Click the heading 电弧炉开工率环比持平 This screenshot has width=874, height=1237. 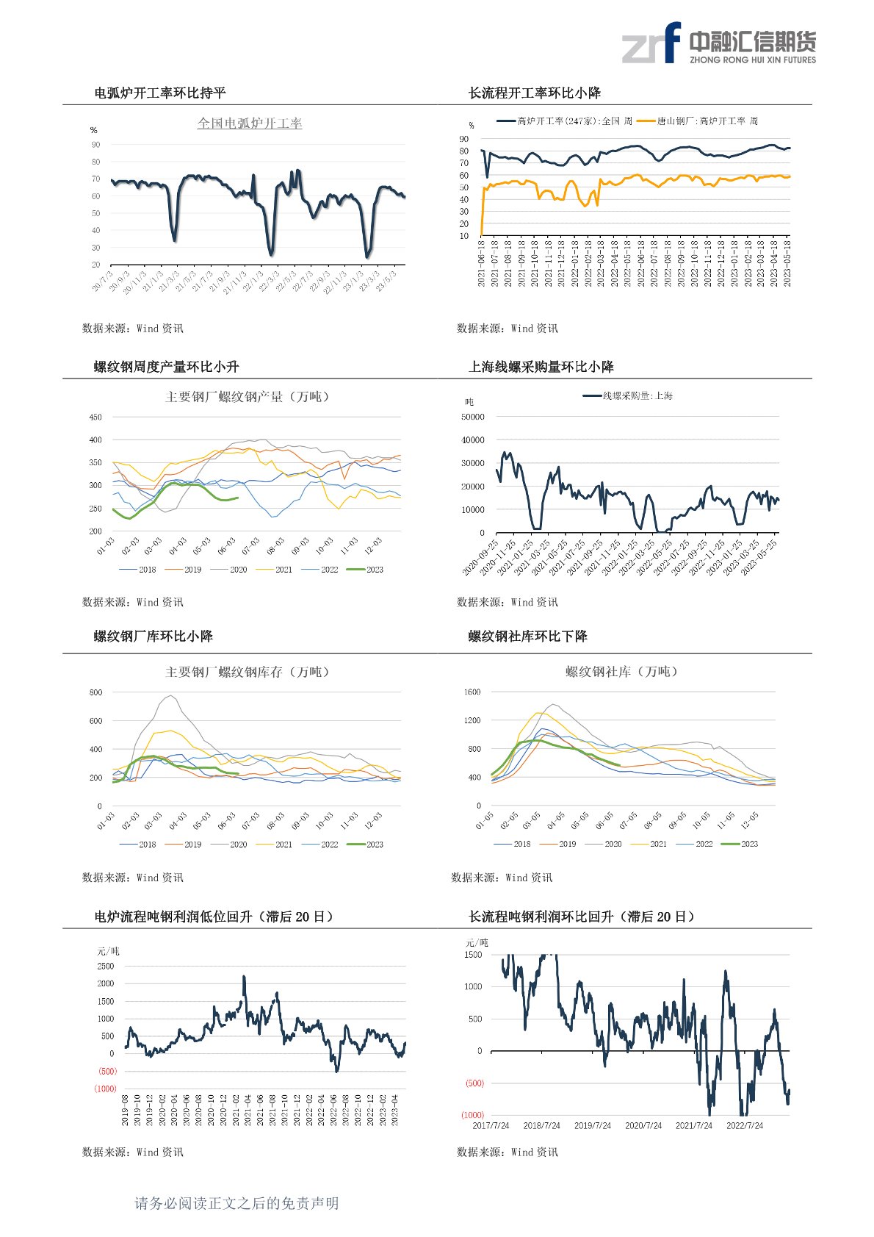click(x=160, y=93)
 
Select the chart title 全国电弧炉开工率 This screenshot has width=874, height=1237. click(x=250, y=123)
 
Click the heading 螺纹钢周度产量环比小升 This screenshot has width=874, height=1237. click(x=166, y=367)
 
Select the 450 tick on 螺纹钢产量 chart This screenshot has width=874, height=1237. click(x=95, y=417)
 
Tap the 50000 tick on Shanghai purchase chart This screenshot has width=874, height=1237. click(x=472, y=417)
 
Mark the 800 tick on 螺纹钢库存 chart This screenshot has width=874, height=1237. click(x=95, y=692)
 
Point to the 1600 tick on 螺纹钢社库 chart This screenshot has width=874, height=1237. click(x=472, y=692)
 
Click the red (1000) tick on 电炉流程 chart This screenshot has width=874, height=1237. click(x=106, y=1089)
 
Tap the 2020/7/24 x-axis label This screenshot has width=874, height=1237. click(x=643, y=1125)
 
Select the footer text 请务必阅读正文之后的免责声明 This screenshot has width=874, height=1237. click(x=236, y=1203)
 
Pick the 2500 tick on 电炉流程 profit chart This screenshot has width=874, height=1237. click(x=106, y=967)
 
